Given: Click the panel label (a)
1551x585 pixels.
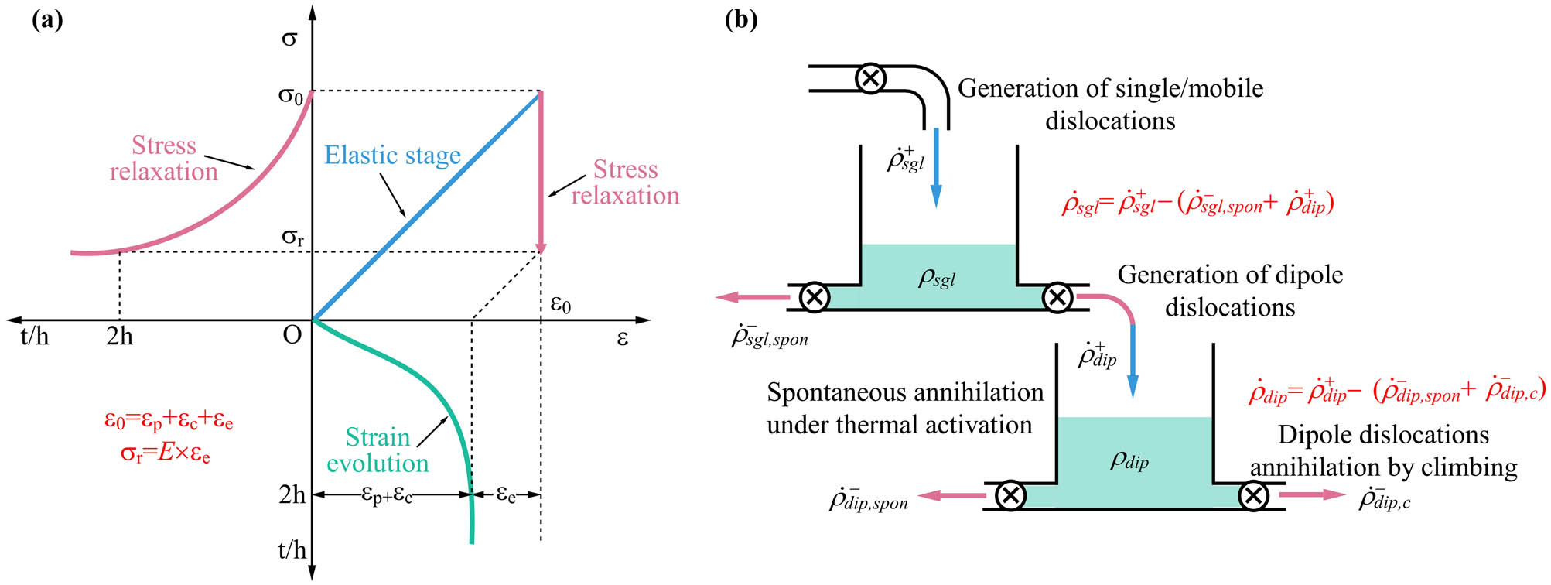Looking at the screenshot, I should tap(47, 20).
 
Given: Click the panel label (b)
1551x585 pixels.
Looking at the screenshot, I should tap(740, 20).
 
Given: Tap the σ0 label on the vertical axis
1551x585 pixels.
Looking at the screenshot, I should tap(291, 96).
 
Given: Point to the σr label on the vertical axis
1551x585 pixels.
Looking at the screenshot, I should tap(292, 237).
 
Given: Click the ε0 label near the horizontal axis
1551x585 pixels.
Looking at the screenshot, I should tap(560, 304).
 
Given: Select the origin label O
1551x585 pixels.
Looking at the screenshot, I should tap(292, 335).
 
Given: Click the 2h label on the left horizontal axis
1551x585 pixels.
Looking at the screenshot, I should tap(120, 337).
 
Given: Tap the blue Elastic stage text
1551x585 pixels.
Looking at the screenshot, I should tap(392, 156).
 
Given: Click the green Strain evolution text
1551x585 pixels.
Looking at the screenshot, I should tap(378, 450).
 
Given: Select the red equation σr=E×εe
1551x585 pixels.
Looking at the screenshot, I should tap(166, 453).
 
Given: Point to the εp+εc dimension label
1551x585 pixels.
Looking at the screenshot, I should tap(387, 494).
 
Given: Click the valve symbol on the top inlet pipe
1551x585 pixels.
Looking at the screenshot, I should tap(870, 78).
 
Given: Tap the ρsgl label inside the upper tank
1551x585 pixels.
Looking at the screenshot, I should tap(937, 277).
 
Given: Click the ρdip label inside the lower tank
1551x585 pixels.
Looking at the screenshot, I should tap(1129, 460).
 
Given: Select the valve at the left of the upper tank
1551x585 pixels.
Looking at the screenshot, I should tap(814, 297).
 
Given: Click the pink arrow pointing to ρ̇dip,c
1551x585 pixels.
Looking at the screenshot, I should tap(1312, 494).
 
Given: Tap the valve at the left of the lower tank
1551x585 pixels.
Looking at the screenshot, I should tap(1010, 495).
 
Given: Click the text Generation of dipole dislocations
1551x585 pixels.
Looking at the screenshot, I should tap(1230, 290).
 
